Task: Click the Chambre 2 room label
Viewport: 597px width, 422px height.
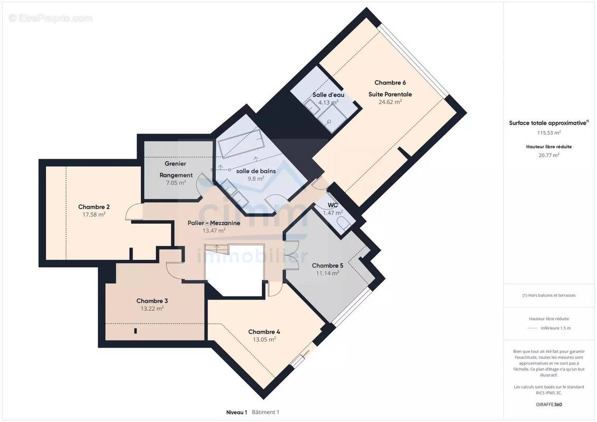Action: pos(94,207)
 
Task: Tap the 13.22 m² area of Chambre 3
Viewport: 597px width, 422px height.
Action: pos(153,309)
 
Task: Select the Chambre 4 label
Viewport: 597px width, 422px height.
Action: pos(264,332)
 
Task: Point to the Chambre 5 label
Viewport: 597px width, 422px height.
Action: pos(327,266)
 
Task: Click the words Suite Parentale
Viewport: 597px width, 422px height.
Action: pos(390,94)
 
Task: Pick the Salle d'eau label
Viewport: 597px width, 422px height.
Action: pos(328,95)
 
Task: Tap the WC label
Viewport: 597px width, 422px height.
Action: pos(333,205)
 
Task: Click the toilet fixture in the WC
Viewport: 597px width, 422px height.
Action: pos(344,223)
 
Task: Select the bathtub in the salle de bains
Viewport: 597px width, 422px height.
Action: pos(241,143)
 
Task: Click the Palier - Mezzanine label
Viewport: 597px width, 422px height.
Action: pos(214,223)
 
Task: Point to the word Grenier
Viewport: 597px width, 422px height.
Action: pos(176,164)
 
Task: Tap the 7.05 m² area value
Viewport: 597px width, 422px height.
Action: pos(176,183)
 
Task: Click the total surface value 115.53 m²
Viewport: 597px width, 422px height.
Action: pos(548,133)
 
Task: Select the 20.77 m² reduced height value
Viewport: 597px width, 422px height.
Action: pos(548,155)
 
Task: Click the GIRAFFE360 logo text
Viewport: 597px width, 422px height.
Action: pos(548,405)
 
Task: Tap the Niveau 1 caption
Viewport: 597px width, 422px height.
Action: pos(236,412)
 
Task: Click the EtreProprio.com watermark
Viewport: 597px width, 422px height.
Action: pos(51,18)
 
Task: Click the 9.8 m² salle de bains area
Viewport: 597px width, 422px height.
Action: pos(256,179)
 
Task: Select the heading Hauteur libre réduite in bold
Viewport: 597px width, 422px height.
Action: pos(548,147)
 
